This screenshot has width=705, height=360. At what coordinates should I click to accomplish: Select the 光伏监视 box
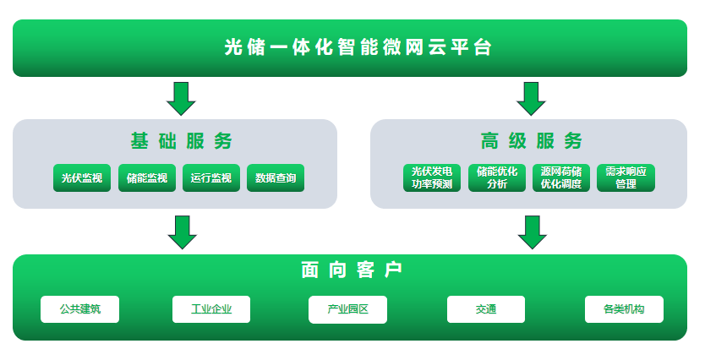click(82, 178)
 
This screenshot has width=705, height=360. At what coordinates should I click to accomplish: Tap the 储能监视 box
click(146, 178)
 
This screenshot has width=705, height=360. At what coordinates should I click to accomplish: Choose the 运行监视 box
click(211, 178)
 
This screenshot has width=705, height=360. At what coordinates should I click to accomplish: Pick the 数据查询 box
click(276, 178)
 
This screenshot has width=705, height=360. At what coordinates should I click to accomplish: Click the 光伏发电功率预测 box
click(432, 177)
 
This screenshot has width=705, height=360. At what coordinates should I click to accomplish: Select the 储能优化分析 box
click(497, 177)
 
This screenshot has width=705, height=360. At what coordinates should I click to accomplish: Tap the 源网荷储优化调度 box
click(561, 177)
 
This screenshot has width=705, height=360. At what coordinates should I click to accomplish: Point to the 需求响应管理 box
click(626, 177)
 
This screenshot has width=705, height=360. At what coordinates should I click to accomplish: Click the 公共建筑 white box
click(80, 309)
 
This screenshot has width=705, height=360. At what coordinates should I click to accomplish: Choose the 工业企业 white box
click(211, 309)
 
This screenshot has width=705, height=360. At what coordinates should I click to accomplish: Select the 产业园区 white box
click(348, 309)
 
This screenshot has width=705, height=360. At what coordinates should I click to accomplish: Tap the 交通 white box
click(486, 309)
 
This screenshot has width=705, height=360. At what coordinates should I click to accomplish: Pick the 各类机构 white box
click(624, 309)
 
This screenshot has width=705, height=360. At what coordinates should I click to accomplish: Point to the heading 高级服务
click(531, 140)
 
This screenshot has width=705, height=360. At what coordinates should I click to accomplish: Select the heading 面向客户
click(352, 270)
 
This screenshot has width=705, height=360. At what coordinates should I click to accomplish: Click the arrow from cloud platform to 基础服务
click(181, 98)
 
